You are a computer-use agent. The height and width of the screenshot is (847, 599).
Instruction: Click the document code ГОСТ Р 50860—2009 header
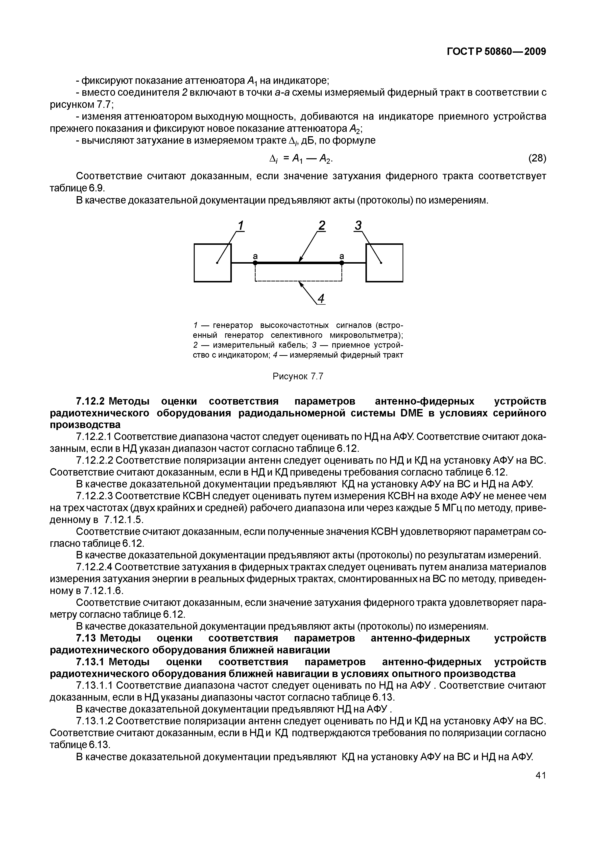coord(496,51)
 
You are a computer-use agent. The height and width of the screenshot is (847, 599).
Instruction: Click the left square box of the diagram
coord(213,263)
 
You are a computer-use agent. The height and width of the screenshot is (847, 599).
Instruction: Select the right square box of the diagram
coord(384,263)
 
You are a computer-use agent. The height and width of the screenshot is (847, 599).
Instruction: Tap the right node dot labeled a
coord(342,263)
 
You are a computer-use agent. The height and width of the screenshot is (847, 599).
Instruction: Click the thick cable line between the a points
coord(298,263)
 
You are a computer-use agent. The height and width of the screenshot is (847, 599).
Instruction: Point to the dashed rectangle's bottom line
coord(298,281)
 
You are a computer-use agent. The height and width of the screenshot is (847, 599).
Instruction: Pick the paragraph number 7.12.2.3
coord(96,496)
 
